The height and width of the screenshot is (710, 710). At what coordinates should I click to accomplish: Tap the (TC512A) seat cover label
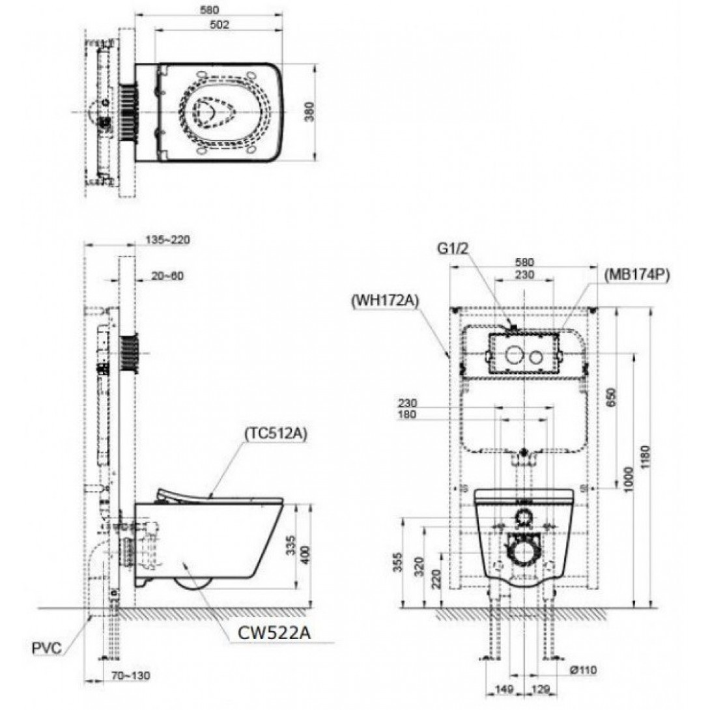click(x=276, y=433)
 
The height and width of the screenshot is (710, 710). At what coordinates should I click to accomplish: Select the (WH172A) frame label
click(x=385, y=301)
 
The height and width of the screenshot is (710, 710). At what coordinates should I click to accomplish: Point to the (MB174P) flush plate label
click(x=636, y=275)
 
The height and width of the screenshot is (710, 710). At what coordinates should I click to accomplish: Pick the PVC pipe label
click(x=47, y=648)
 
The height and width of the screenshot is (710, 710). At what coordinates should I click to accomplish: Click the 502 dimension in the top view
click(x=219, y=25)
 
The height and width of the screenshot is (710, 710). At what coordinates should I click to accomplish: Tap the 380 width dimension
click(x=309, y=111)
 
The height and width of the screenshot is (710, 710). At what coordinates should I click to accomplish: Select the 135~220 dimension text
click(x=167, y=240)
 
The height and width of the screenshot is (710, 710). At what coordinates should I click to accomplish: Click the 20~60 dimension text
click(x=167, y=276)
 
